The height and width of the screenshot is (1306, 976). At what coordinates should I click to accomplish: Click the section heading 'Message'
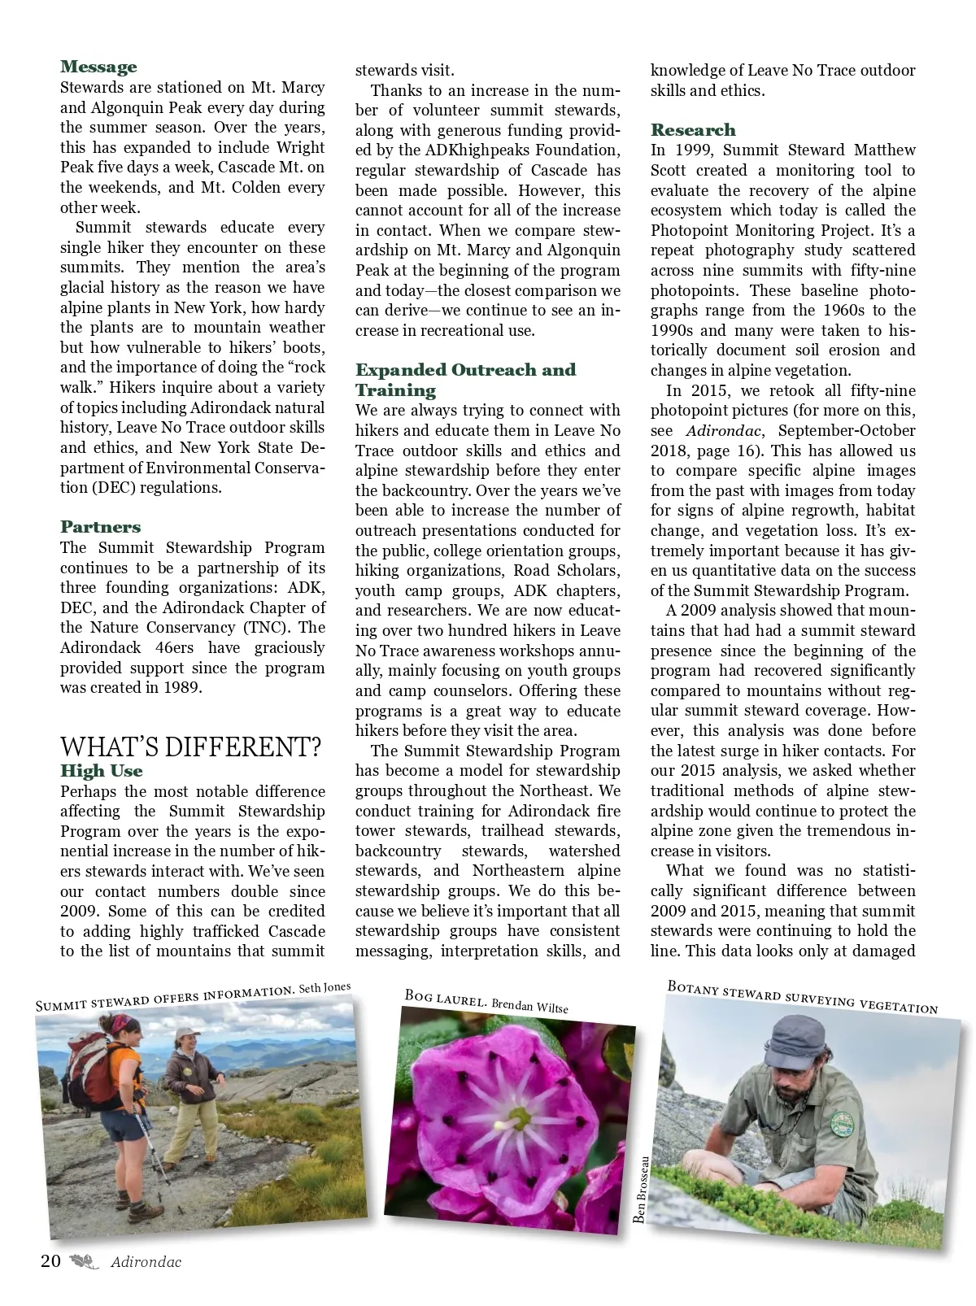coord(98,67)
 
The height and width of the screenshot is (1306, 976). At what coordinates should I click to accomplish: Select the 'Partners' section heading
coord(100,527)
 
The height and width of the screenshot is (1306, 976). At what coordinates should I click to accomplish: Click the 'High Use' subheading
coord(101,771)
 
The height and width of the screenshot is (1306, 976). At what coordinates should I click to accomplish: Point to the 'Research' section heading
coord(692,130)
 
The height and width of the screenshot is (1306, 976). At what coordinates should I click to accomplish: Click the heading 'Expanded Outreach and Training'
coord(464,380)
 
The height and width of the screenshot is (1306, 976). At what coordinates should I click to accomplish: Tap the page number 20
coord(50,1261)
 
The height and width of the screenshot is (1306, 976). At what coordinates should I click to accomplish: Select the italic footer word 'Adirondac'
coord(146,1263)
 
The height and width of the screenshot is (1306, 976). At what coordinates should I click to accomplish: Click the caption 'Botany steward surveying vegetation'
coord(802,997)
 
